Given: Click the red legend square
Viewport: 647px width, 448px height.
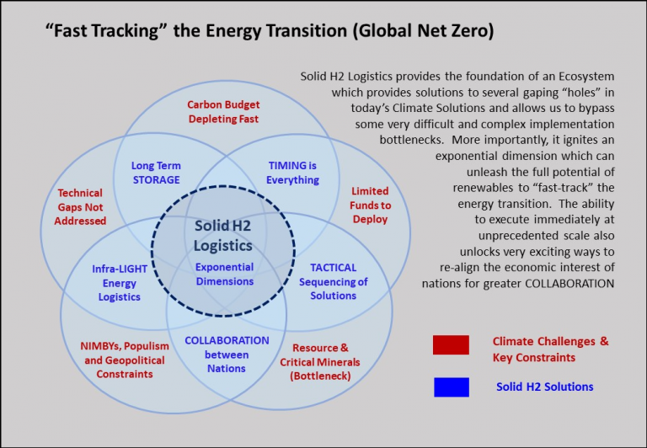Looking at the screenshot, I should (x=451, y=345).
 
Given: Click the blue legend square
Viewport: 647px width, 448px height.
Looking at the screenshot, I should (x=451, y=387).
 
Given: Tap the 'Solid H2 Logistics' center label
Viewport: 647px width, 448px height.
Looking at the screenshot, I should (x=223, y=237).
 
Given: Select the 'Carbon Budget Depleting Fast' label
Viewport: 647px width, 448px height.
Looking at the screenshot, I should (x=223, y=112).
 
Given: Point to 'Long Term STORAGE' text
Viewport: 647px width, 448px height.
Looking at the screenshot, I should (x=156, y=173).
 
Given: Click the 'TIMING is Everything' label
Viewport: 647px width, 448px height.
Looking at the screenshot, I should (x=292, y=173).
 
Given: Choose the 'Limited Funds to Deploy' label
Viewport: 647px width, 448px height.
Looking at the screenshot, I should (x=371, y=205).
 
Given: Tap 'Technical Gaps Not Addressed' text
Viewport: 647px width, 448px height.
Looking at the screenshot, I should (x=82, y=207).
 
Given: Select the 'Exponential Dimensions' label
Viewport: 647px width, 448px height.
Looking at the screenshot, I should (x=224, y=275).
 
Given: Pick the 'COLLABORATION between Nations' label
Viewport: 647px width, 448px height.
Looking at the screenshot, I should (x=227, y=354).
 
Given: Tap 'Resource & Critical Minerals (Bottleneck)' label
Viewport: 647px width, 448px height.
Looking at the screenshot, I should (x=319, y=360).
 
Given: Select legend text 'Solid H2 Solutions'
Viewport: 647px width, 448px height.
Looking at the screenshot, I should (x=544, y=387).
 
